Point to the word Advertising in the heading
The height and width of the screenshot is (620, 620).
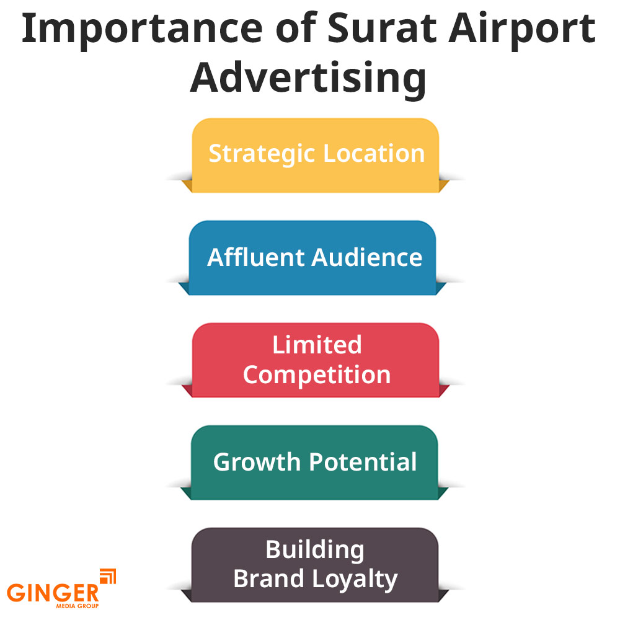coord(308,79)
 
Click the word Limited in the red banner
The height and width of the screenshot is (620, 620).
coord(317,345)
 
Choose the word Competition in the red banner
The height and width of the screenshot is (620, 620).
coord(316,375)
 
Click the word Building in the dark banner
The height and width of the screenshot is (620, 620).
coord(315,549)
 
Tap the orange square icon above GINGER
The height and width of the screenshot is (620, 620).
coord(108,576)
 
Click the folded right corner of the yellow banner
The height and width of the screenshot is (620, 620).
coord(444,185)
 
